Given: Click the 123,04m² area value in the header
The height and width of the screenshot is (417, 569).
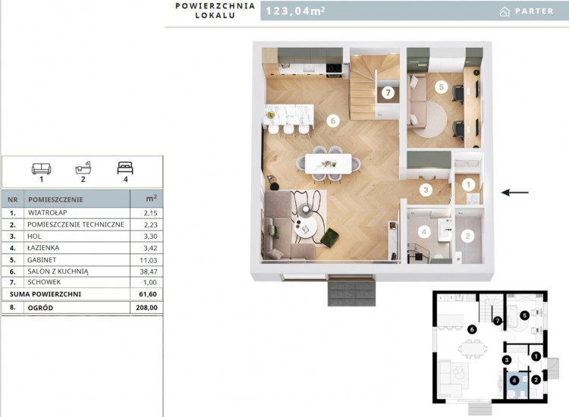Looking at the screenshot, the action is [x=295, y=11].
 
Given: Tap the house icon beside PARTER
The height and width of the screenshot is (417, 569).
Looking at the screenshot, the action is [x=505, y=12].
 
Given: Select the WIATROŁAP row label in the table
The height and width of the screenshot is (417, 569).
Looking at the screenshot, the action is [x=47, y=212].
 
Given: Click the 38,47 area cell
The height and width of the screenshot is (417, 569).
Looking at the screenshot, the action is [x=150, y=271].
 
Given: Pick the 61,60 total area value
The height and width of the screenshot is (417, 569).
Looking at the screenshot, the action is [x=148, y=294].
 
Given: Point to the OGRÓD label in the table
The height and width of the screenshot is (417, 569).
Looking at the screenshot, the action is [x=40, y=308].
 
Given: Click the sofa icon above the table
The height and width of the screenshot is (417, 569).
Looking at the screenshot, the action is [x=42, y=168].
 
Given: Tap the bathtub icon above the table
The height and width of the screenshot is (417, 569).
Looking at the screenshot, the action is [x=83, y=168].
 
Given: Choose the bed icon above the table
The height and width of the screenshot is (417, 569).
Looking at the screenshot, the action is [x=125, y=168].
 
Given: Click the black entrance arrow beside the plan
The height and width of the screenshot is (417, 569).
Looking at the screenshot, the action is [x=515, y=192].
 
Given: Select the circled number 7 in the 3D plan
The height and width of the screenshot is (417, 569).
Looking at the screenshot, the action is [x=388, y=92].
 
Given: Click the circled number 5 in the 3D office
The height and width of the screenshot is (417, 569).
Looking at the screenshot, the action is [x=442, y=87].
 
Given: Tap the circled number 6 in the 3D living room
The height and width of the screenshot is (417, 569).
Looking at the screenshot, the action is [x=333, y=121].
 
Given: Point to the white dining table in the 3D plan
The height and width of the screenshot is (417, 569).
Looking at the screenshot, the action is [x=328, y=164].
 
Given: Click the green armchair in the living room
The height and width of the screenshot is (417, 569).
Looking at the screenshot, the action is [x=330, y=238].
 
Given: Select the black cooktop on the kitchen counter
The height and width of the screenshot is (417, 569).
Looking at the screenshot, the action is [x=334, y=67].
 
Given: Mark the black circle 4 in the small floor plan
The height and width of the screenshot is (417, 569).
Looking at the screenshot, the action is [x=514, y=381].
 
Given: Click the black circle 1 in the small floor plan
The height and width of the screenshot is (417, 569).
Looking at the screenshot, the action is [x=536, y=357].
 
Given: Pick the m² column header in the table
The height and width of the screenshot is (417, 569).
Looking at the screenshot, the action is [x=151, y=199].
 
